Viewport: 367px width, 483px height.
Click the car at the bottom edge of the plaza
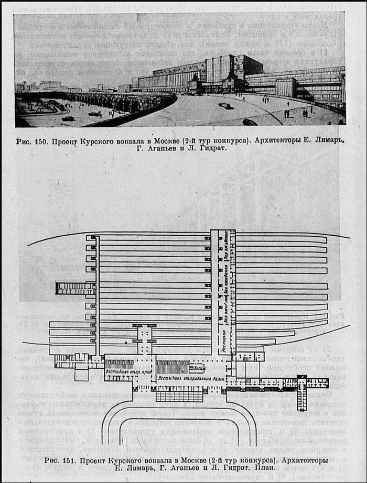(x=250, y=123)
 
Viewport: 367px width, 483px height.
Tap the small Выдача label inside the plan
(x=195, y=368)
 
